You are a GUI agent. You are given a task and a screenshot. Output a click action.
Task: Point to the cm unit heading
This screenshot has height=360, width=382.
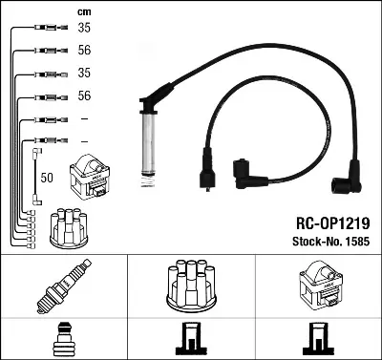point(83,11)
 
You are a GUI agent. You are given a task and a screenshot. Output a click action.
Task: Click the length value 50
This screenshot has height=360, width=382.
point(48,178)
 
